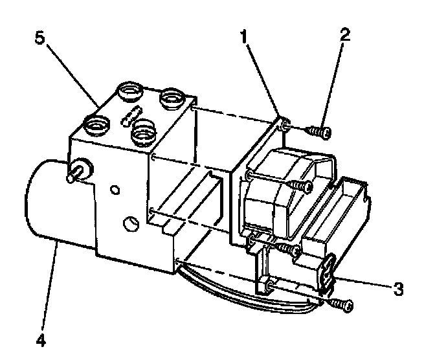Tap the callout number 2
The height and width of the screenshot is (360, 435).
345,34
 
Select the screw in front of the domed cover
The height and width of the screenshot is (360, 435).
301,186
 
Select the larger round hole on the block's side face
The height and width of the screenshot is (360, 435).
130,224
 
